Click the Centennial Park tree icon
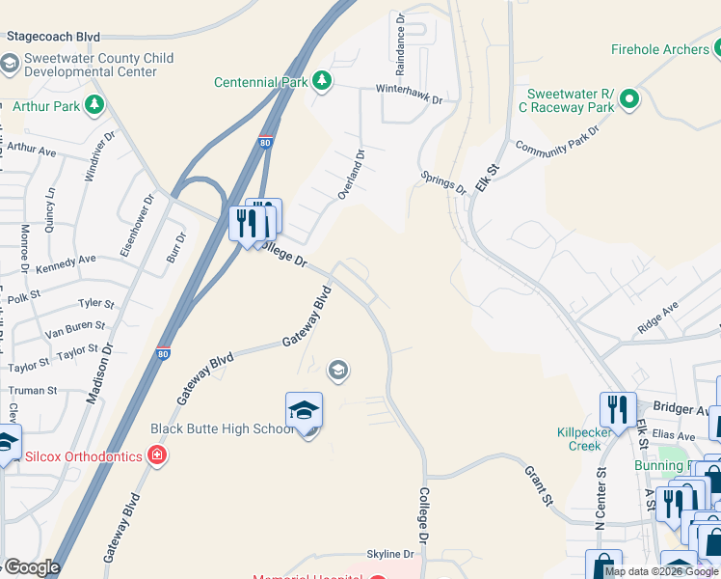pyautogui.click(x=323, y=81)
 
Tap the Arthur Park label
pyautogui.click(x=46, y=106)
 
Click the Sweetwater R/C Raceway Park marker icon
pyautogui.click(x=629, y=98)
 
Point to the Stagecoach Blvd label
pyautogui.click(x=53, y=36)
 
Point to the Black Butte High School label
pyautogui.click(x=222, y=428)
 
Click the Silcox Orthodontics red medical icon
pyautogui.click(x=157, y=455)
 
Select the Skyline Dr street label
pyautogui.click(x=389, y=554)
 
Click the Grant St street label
pyautogui.click(x=539, y=486)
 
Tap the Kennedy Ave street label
pyautogui.click(x=67, y=261)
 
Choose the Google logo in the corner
pyautogui.click(x=31, y=566)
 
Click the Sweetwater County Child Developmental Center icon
pyautogui.click(x=10, y=65)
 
